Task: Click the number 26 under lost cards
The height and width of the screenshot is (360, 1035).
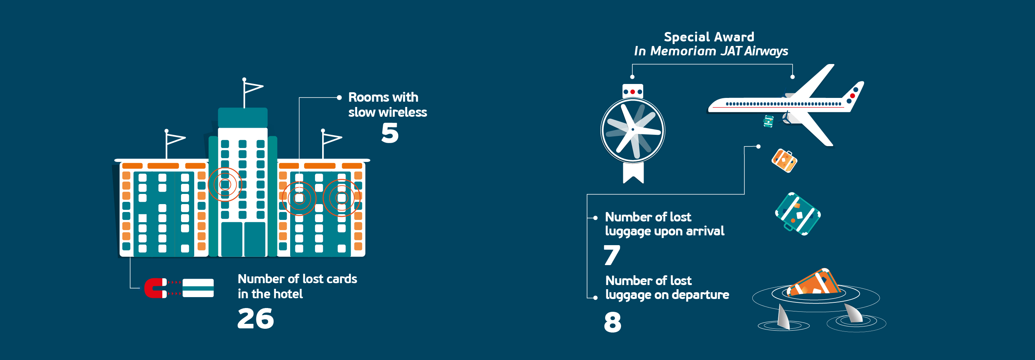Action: (x=256, y=319)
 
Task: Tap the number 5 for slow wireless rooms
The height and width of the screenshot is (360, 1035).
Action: (x=390, y=133)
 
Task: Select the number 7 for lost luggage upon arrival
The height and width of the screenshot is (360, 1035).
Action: (x=612, y=255)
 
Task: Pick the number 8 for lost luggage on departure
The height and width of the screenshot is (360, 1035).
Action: (x=612, y=322)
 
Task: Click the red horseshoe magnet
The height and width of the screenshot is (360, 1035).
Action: (x=155, y=288)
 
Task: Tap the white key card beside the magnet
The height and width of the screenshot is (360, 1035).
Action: (x=198, y=288)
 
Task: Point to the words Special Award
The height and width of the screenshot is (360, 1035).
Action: (x=709, y=37)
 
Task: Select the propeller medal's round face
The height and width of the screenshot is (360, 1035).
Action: (x=633, y=130)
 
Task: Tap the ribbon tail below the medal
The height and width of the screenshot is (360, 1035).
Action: (x=633, y=173)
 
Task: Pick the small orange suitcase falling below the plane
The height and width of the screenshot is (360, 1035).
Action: (x=784, y=161)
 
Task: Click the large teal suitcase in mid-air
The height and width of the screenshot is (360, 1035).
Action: (x=798, y=214)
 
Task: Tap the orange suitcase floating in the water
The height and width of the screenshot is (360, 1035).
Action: (x=814, y=283)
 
